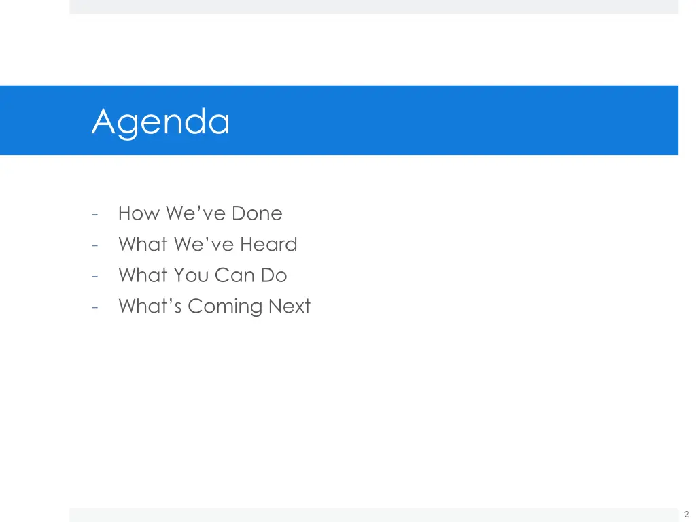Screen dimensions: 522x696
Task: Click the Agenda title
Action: click(161, 122)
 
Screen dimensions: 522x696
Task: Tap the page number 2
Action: click(686, 515)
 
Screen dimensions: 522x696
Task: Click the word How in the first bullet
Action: click(139, 213)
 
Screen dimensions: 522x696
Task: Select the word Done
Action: click(256, 213)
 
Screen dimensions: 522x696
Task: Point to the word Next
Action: click(289, 307)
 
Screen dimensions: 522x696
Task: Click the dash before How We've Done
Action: click(96, 214)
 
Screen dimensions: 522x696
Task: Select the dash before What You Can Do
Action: click(96, 276)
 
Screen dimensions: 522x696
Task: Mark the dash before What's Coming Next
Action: click(96, 307)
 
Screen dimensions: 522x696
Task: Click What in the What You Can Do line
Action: click(142, 275)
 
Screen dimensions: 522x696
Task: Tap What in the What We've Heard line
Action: click(142, 245)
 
